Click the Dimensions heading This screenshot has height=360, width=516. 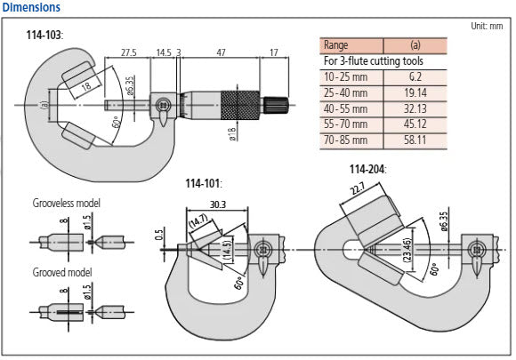[31, 7]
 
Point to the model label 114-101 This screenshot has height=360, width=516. [202, 184]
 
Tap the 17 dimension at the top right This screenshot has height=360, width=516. [271, 52]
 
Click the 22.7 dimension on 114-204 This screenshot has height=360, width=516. [357, 189]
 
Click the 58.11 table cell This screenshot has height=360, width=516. [415, 140]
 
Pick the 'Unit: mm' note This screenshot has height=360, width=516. [488, 27]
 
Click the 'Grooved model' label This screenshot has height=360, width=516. [61, 271]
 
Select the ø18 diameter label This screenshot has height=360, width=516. [230, 132]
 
